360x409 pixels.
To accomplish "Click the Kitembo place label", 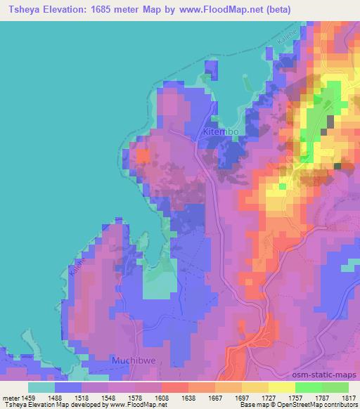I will (221, 131).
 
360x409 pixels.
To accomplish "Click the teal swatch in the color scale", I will (41, 387).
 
